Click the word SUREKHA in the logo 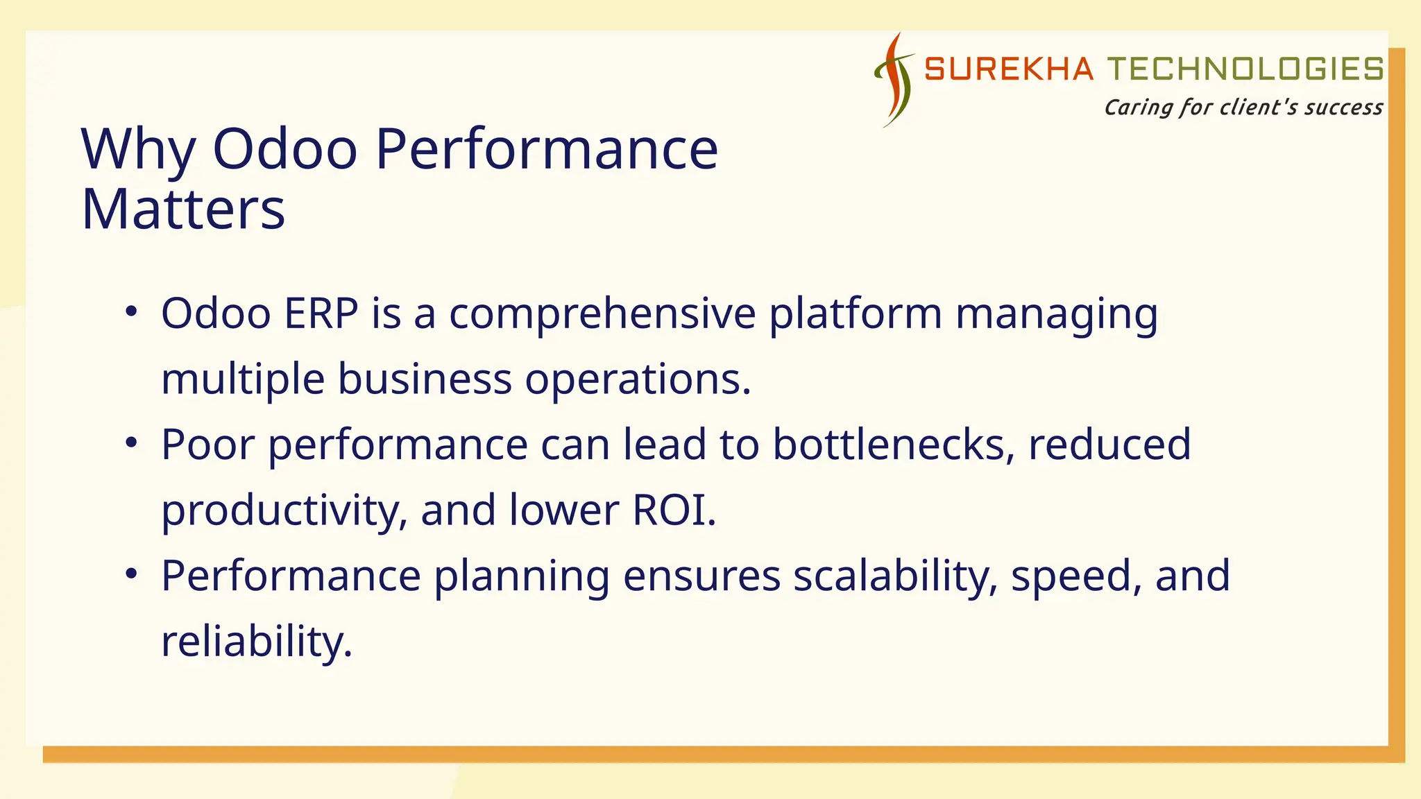pyautogui.click(x=1009, y=69)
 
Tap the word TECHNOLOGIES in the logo pyautogui.click(x=1245, y=69)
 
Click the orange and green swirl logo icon pyautogui.click(x=894, y=80)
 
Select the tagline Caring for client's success pyautogui.click(x=1243, y=108)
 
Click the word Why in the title pyautogui.click(x=138, y=149)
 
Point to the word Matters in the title pyautogui.click(x=183, y=209)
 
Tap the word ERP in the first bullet pyautogui.click(x=321, y=313)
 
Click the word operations pyautogui.click(x=638, y=380)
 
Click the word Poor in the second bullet pyautogui.click(x=207, y=445)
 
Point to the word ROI pyautogui.click(x=673, y=510)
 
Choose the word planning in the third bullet pyautogui.click(x=521, y=577)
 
